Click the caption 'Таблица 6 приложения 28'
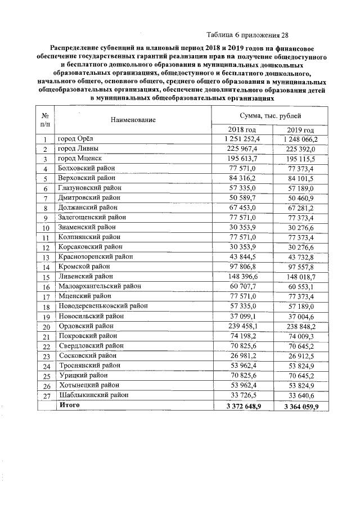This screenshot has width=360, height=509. click(x=247, y=33)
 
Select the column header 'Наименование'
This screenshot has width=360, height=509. click(x=133, y=120)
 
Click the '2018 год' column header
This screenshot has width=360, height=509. click(x=240, y=130)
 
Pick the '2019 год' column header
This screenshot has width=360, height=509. click(x=299, y=130)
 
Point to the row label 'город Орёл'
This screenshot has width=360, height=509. click(x=78, y=139)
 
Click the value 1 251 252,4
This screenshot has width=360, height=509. click(x=241, y=139)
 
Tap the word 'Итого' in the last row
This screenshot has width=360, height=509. click(x=69, y=405)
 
